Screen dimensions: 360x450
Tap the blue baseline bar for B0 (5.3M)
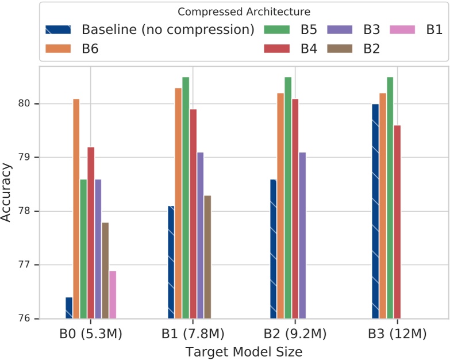[x=69, y=308]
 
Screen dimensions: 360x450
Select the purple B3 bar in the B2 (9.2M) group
[x=302, y=235]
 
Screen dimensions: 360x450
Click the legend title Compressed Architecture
[x=244, y=12]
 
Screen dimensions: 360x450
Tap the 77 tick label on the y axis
[x=29, y=265]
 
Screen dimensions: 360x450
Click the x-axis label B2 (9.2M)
[x=295, y=334]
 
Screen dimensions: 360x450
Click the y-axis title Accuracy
[x=8, y=193]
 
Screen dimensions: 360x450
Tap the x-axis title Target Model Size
[x=244, y=350]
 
